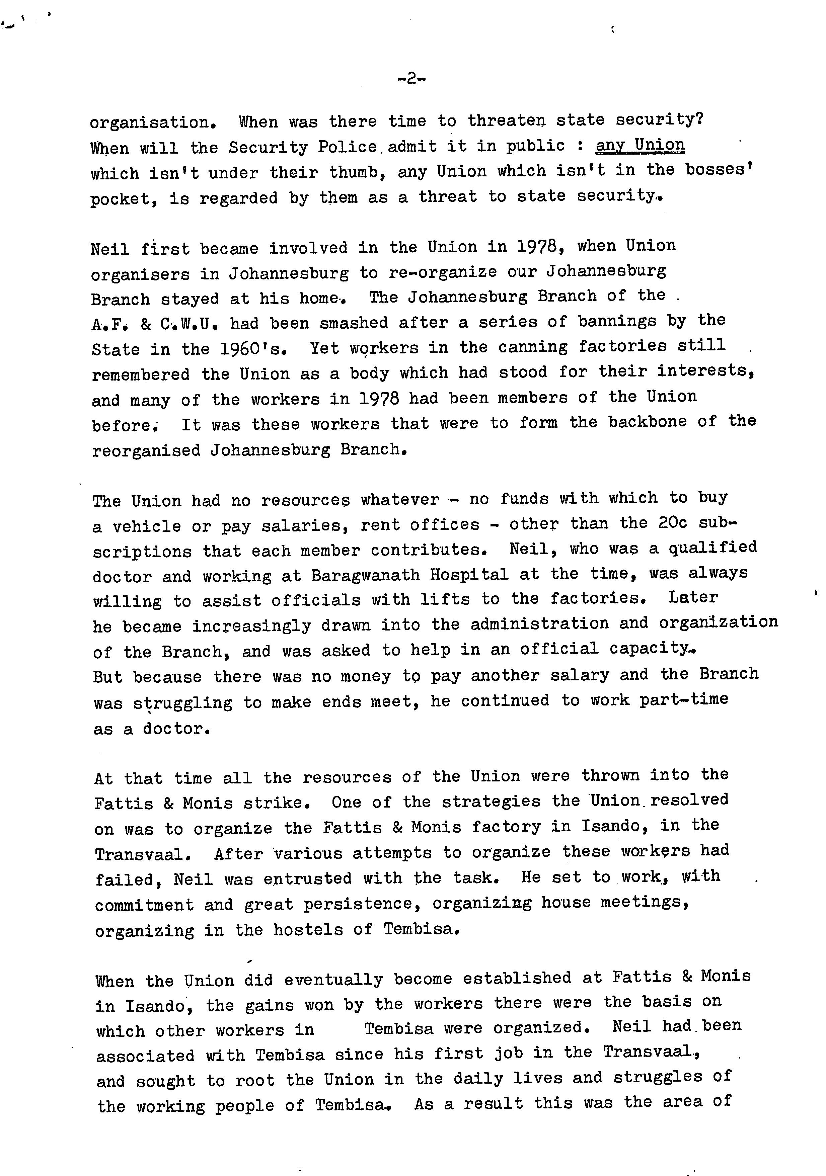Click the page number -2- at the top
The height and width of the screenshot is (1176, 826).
[x=411, y=79]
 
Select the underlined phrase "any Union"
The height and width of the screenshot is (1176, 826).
[x=640, y=146]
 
